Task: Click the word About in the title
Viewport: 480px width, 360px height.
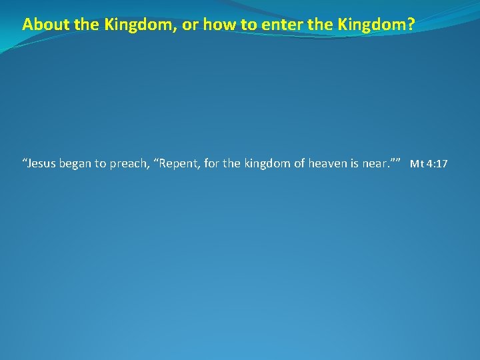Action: [41, 25]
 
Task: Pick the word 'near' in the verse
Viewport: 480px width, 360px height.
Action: [379, 163]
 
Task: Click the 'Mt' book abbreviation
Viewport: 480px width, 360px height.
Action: [416, 164]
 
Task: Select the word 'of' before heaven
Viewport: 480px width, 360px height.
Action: [297, 163]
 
